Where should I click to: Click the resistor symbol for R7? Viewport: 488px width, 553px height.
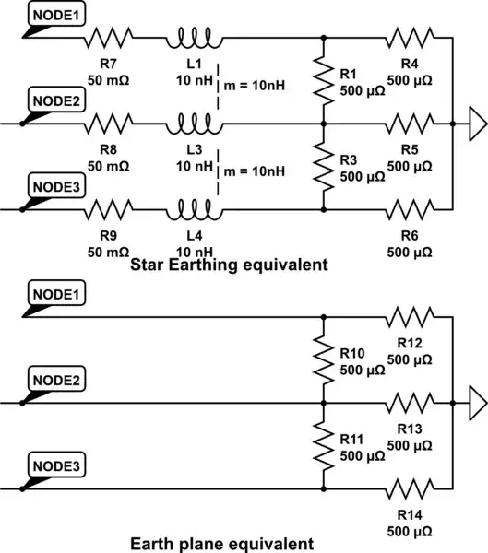pos(111,39)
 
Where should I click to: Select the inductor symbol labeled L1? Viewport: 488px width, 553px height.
pos(193,39)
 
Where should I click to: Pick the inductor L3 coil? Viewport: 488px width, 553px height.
pos(193,121)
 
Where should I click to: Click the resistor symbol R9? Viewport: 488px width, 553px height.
pos(111,209)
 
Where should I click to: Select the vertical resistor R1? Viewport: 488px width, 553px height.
pos(324,80)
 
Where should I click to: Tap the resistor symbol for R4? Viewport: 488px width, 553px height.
pos(411,39)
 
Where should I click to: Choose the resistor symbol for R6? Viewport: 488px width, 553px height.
pos(411,209)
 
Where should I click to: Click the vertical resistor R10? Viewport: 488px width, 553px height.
pos(324,360)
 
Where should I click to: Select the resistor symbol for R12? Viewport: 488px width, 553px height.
pos(411,318)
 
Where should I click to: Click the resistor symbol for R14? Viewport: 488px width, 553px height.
pos(411,488)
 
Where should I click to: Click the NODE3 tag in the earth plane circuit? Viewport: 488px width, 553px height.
pos(55,467)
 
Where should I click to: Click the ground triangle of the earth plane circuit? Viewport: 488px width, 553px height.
pos(477,403)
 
